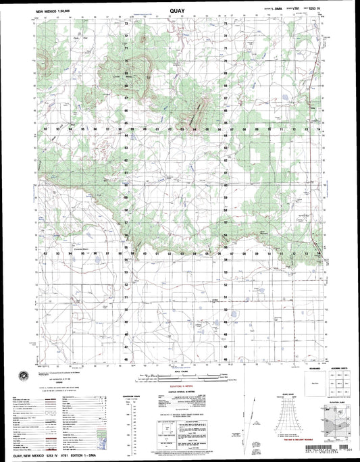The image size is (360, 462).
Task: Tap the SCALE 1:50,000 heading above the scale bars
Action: [x=180, y=370]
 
